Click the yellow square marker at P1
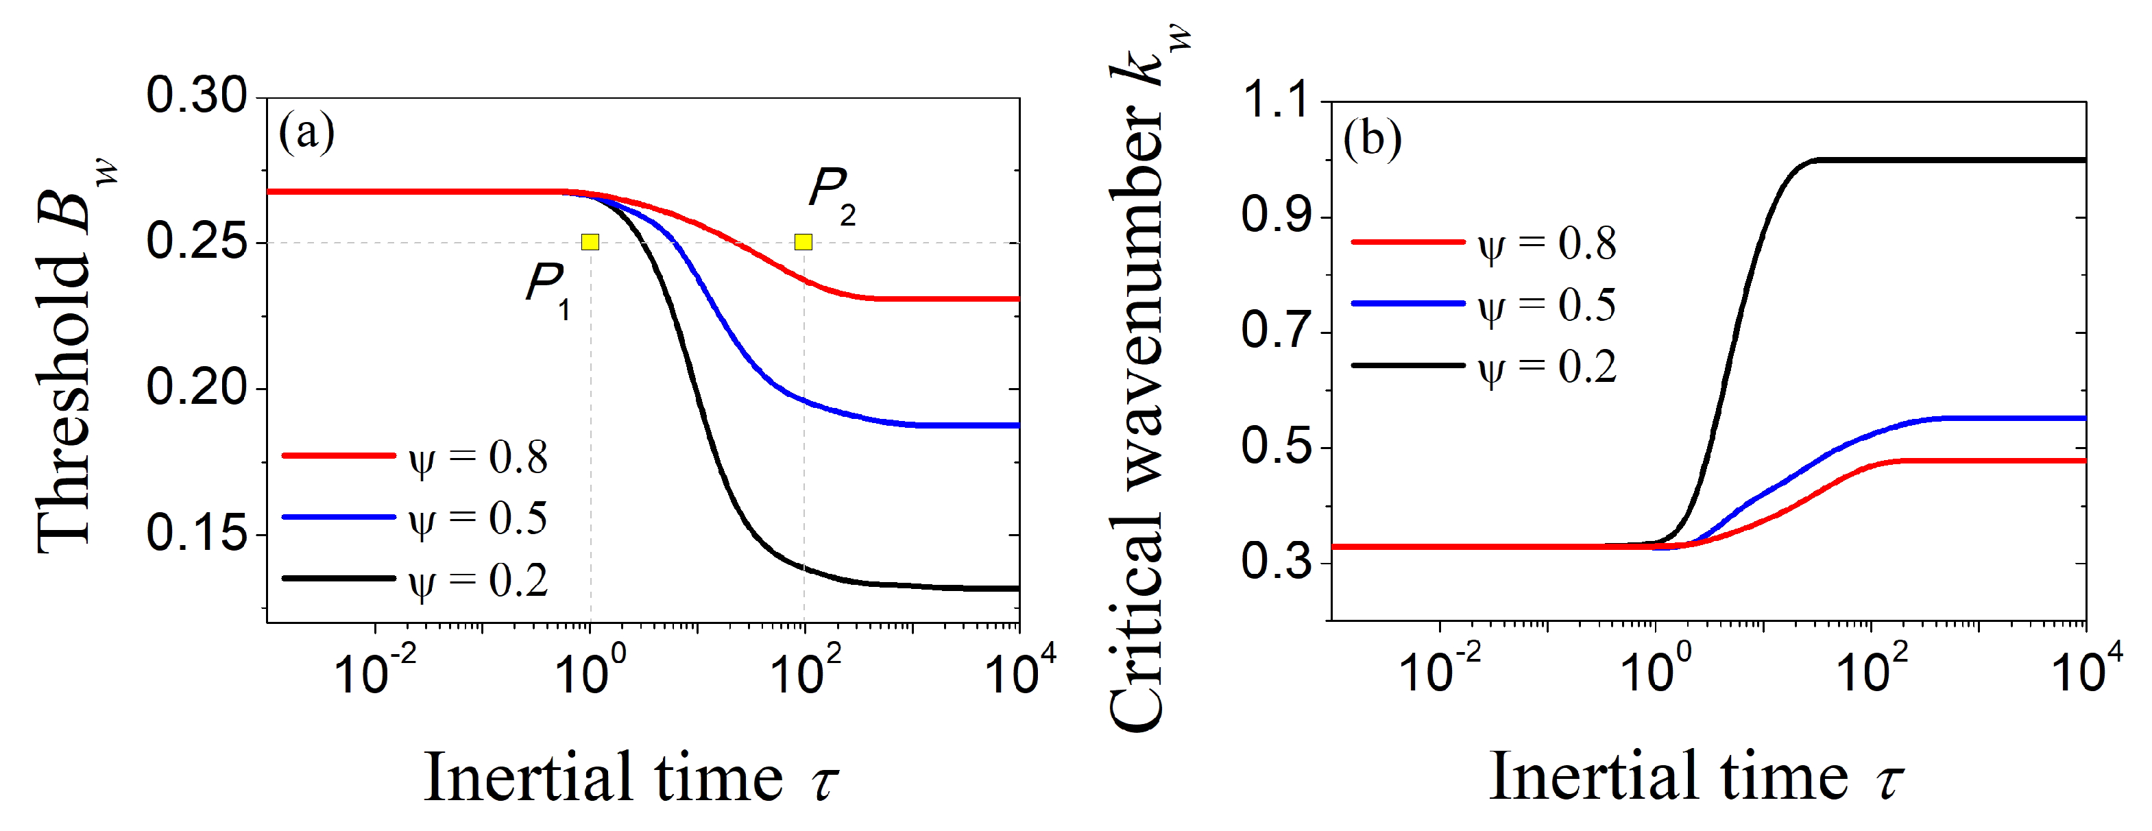pyautogui.click(x=590, y=242)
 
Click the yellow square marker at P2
pyautogui.click(x=803, y=242)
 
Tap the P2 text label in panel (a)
pyautogui.click(x=830, y=194)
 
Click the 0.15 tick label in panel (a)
pyautogui.click(x=197, y=533)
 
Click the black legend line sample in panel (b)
pyautogui.click(x=1407, y=365)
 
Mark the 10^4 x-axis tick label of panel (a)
pyautogui.click(x=1019, y=670)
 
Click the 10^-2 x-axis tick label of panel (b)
pyautogui.click(x=1438, y=670)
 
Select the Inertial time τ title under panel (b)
pyautogui.click(x=1696, y=777)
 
